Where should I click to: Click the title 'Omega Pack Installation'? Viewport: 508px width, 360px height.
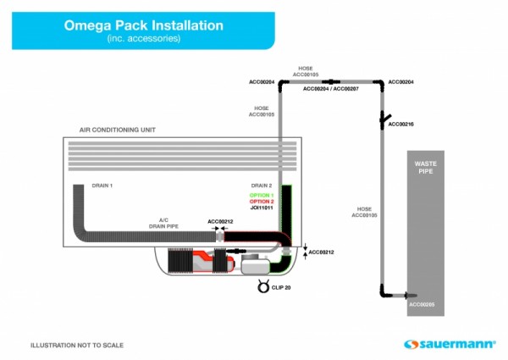(144, 25)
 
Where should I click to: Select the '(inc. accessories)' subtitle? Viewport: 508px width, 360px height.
(144, 39)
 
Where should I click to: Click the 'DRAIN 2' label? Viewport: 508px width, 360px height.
(262, 185)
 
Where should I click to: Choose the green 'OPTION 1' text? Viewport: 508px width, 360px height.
(262, 195)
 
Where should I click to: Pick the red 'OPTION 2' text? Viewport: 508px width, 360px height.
(262, 201)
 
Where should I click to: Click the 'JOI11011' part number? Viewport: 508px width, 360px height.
(262, 208)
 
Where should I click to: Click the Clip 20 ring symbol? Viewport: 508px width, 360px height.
(262, 286)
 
